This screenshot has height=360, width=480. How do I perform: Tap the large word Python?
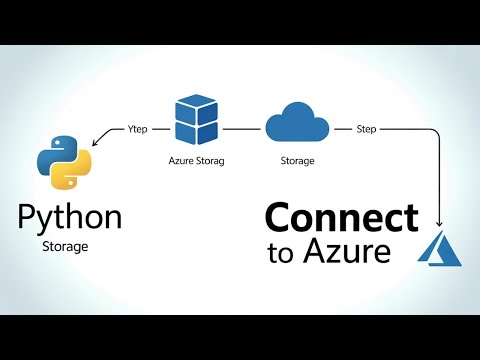click(x=70, y=215)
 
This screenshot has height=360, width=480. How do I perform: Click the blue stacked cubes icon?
click(x=196, y=122)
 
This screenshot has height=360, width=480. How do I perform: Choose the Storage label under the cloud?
click(x=296, y=160)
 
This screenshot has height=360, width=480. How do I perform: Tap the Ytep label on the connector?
click(x=139, y=129)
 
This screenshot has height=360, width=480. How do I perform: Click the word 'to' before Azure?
click(x=282, y=253)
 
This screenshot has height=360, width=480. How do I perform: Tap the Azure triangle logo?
click(x=441, y=248)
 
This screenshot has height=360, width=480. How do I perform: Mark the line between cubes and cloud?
click(x=244, y=129)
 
